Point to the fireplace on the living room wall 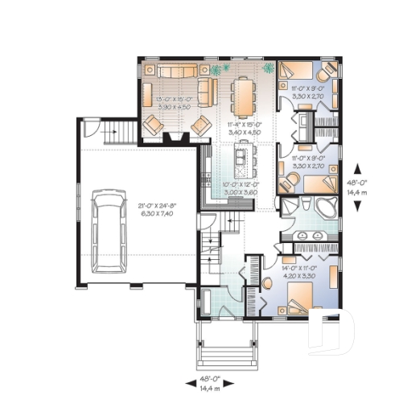[x=171, y=138]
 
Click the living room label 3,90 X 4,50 [x=174, y=105]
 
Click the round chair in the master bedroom [x=268, y=282]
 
